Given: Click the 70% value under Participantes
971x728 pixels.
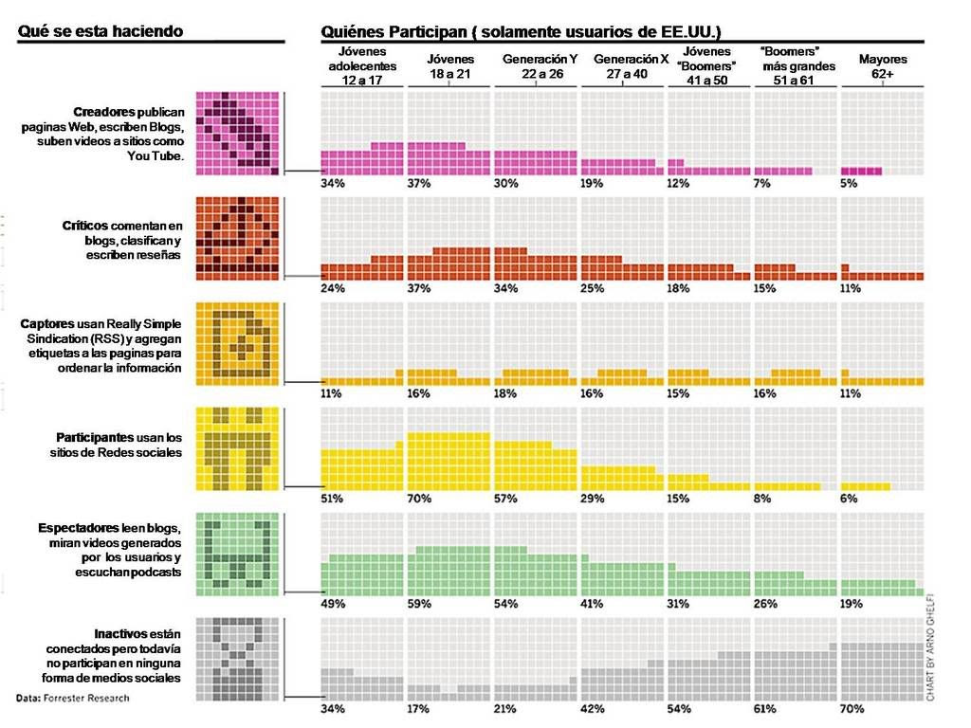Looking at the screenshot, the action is click(x=418, y=499).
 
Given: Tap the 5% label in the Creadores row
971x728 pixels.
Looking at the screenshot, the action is click(x=849, y=183).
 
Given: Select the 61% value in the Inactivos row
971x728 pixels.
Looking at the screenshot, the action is click(x=765, y=709).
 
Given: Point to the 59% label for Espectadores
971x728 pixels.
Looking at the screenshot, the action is click(x=418, y=604).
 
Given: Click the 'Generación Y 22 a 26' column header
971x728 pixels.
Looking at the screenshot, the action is click(x=540, y=66).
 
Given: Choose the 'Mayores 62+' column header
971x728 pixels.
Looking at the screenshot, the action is click(x=883, y=66).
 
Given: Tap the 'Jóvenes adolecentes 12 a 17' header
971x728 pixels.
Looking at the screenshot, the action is click(x=362, y=65).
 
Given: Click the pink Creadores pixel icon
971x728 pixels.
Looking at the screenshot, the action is click(x=238, y=134).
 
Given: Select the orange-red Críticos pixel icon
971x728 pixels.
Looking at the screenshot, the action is click(x=238, y=239).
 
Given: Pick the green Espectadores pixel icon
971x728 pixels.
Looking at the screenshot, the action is click(x=238, y=554).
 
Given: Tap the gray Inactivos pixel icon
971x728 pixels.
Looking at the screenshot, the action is click(x=238, y=660).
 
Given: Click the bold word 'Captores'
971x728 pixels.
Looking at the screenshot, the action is click(x=47, y=324).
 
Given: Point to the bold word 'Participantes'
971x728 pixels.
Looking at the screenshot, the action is click(x=95, y=438).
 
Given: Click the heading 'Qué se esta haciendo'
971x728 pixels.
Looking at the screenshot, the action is click(x=101, y=31).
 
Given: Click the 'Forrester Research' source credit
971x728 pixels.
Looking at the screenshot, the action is click(x=86, y=698).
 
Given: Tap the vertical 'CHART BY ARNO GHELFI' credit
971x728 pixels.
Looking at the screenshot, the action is click(x=930, y=647).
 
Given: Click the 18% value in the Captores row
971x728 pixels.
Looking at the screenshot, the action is click(x=505, y=393).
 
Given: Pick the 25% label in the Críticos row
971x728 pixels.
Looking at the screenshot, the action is click(x=592, y=288).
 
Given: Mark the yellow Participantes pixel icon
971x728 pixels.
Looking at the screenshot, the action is click(x=238, y=448).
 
